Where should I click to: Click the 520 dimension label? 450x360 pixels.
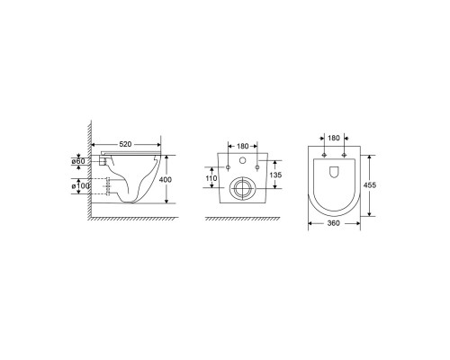125,144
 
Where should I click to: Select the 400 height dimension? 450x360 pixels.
166,180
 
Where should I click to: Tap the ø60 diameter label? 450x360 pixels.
78,161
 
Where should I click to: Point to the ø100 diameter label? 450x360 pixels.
80,186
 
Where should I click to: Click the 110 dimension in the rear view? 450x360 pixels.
211,178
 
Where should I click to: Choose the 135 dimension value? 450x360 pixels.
275,175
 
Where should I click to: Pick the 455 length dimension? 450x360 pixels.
370,185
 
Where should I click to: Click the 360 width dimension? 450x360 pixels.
334,223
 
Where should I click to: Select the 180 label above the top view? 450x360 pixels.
334,138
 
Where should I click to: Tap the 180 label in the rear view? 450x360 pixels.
243,146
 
